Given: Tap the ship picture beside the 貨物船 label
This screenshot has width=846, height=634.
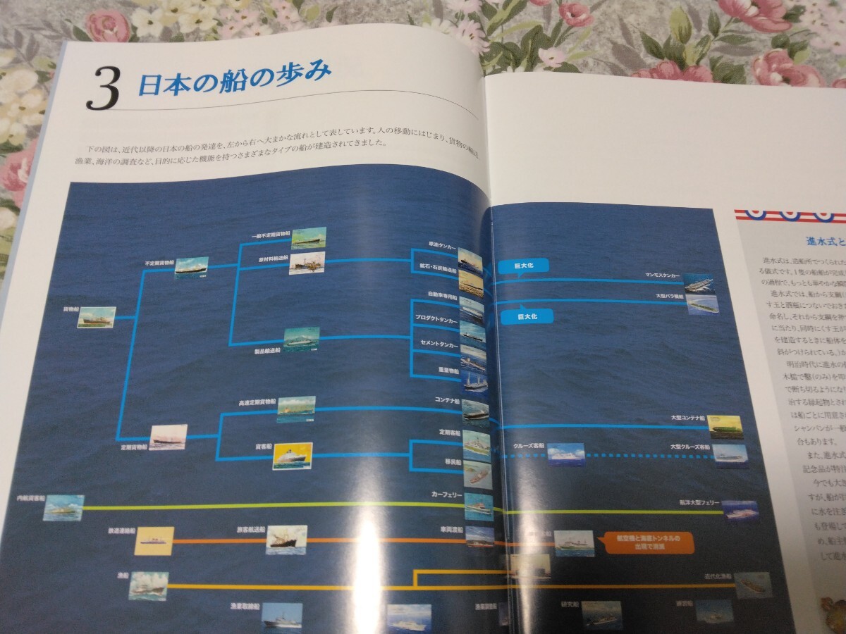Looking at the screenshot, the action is coord(97,317).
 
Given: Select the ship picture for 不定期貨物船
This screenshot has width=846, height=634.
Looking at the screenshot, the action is coord(192,268).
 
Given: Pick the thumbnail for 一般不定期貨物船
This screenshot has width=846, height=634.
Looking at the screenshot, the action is coord(308,238).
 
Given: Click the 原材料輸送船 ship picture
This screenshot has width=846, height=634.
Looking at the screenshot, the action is coord(307,263).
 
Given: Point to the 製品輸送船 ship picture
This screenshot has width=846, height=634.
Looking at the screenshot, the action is coord(302,339).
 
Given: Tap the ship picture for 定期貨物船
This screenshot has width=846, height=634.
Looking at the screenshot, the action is coord(168,437).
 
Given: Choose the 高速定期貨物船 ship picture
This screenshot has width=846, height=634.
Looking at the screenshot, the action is coord(296,409).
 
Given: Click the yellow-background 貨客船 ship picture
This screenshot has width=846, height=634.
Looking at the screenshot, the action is coord(293,456).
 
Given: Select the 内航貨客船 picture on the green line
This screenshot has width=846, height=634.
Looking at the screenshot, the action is coord(63,508).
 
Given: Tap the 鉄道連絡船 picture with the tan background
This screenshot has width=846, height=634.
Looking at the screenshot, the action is coord(154,541).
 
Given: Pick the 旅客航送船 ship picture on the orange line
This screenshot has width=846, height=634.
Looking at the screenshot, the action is coord(286,540).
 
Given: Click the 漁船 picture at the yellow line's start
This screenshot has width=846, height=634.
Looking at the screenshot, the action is coord(148,585).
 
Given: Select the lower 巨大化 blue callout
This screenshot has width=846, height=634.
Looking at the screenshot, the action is coord(527,317).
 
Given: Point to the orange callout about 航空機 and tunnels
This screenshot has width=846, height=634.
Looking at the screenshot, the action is coord(645,542).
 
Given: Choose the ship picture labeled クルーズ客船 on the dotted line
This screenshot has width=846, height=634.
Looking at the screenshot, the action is coord(566,454).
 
